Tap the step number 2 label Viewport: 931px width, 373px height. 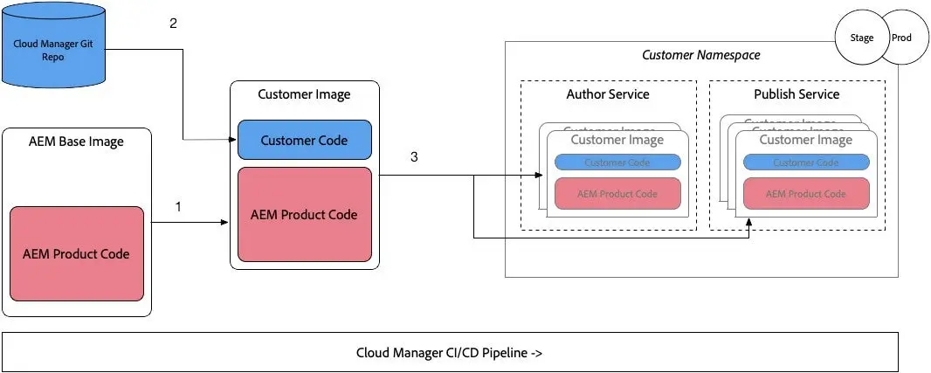[173, 24]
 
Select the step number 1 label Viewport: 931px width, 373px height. [179, 207]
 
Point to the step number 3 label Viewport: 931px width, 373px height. [414, 157]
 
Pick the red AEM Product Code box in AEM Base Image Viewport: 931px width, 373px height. [76, 253]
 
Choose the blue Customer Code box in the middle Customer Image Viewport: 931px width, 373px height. [304, 140]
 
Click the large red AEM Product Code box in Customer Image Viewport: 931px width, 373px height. [304, 214]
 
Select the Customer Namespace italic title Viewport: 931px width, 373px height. [700, 55]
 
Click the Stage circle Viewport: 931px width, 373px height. [860, 39]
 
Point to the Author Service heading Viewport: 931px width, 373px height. [608, 93]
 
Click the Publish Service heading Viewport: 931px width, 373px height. [797, 93]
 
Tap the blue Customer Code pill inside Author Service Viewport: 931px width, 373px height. [617, 162]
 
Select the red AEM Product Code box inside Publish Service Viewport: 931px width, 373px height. [805, 193]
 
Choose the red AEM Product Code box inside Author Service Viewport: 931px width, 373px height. [617, 193]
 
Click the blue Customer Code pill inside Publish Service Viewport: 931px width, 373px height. [805, 162]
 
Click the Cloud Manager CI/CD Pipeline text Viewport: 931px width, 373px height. [451, 353]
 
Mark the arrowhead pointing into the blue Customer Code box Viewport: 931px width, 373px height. [233, 140]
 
